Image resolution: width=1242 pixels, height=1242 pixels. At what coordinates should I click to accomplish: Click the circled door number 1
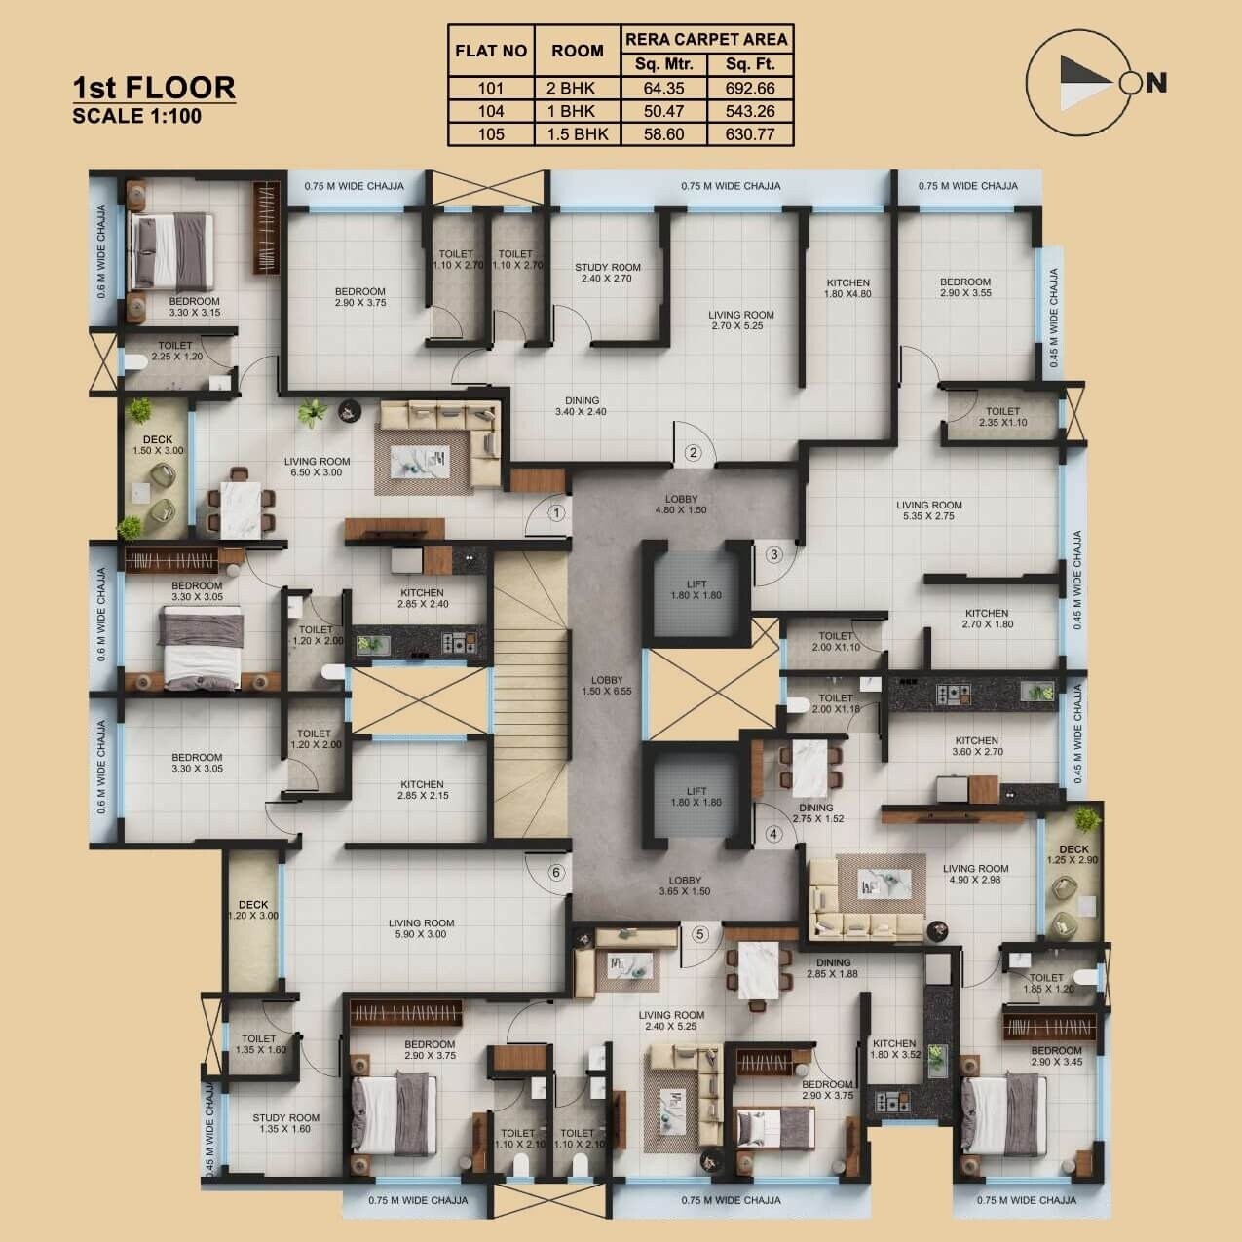click(x=557, y=511)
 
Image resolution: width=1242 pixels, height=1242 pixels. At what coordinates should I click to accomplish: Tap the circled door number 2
click(x=693, y=452)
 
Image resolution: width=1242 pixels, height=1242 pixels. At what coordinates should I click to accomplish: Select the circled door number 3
click(x=774, y=555)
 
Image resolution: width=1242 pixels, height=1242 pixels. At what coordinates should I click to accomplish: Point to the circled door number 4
click(x=774, y=834)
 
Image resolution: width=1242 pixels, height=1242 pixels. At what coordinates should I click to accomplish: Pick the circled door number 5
click(x=699, y=934)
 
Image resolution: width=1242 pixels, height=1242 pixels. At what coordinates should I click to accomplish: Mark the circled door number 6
click(x=556, y=873)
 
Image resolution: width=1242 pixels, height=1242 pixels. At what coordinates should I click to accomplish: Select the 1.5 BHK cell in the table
click(x=578, y=134)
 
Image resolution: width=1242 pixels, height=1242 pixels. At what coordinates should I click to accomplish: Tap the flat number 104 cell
click(x=491, y=112)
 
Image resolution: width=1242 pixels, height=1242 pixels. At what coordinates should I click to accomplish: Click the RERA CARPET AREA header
click(x=706, y=40)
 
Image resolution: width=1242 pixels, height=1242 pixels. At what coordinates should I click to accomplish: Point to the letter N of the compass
click(x=1156, y=84)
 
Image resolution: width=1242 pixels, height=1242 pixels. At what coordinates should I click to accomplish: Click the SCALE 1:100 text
click(x=137, y=116)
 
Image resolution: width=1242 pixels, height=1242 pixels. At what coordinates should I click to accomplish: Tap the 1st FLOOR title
click(x=154, y=87)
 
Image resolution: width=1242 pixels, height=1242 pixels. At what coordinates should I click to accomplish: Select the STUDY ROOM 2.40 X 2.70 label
click(x=608, y=273)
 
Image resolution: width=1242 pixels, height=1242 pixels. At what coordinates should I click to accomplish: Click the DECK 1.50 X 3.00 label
click(x=158, y=445)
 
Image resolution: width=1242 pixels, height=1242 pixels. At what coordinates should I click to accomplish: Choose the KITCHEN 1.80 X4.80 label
click(x=847, y=288)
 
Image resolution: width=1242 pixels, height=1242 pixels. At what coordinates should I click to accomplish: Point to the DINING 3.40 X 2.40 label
click(x=582, y=406)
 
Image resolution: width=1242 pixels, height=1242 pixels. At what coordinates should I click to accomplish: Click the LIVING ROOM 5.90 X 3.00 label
click(x=421, y=928)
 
